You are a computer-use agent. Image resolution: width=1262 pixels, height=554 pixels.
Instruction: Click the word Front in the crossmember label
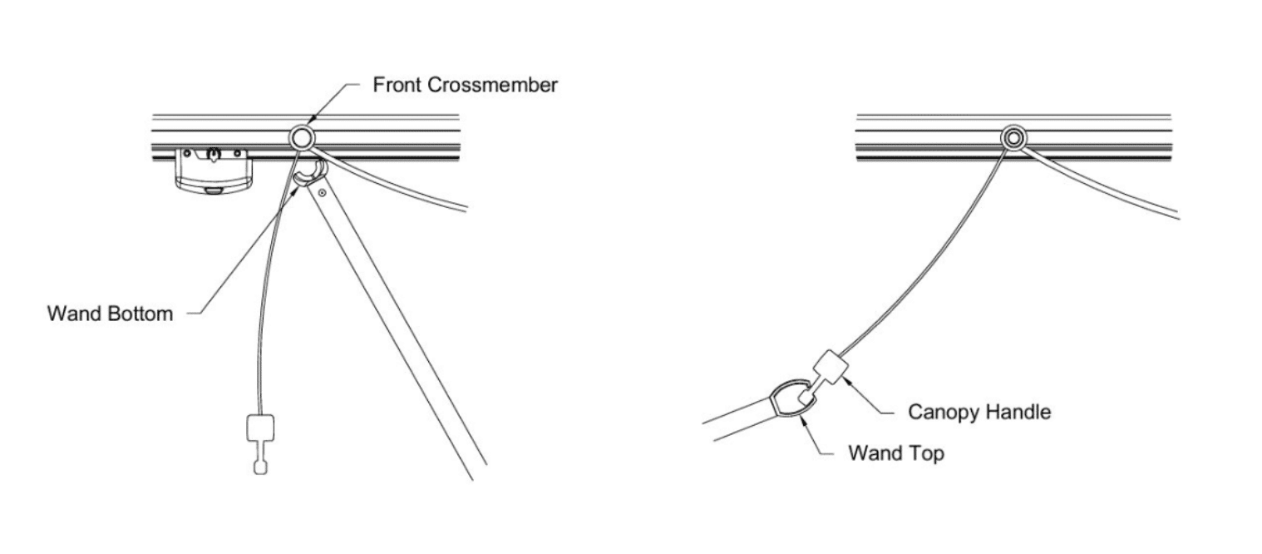[398, 86]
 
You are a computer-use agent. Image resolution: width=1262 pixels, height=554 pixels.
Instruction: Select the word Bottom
[143, 314]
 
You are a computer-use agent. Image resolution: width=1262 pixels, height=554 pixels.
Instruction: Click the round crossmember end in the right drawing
[1013, 138]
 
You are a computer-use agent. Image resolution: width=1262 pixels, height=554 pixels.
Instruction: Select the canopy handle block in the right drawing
[831, 367]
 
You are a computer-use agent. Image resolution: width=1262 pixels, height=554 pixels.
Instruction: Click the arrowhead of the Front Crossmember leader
[308, 122]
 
